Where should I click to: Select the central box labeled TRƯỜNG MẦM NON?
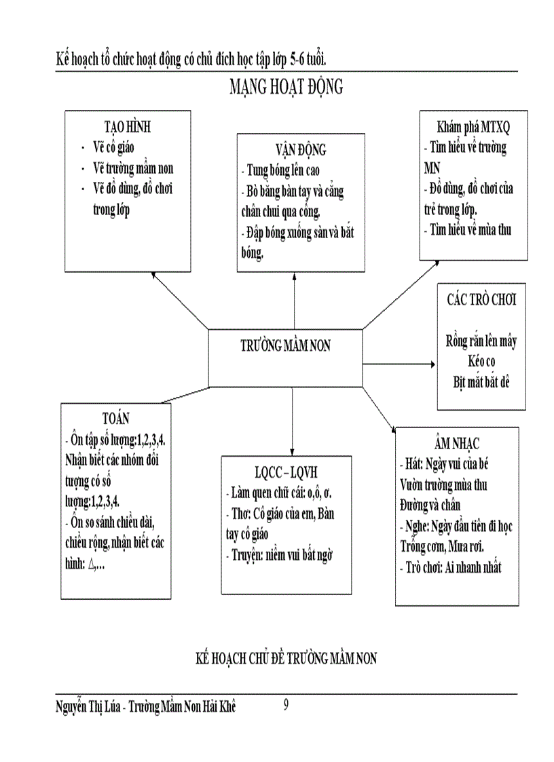tap(286, 345)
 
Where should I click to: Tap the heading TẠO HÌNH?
tap(127, 128)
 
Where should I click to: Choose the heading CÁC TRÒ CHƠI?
tap(481, 299)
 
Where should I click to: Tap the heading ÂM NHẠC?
tap(457, 444)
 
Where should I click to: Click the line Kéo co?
tap(481, 362)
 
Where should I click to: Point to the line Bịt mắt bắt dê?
tap(481, 381)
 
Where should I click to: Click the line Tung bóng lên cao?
tap(280, 170)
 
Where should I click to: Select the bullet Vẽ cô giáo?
tap(119, 147)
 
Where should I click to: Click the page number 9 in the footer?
tap(286, 706)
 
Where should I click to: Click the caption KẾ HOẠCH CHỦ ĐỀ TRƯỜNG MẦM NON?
tap(286, 658)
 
